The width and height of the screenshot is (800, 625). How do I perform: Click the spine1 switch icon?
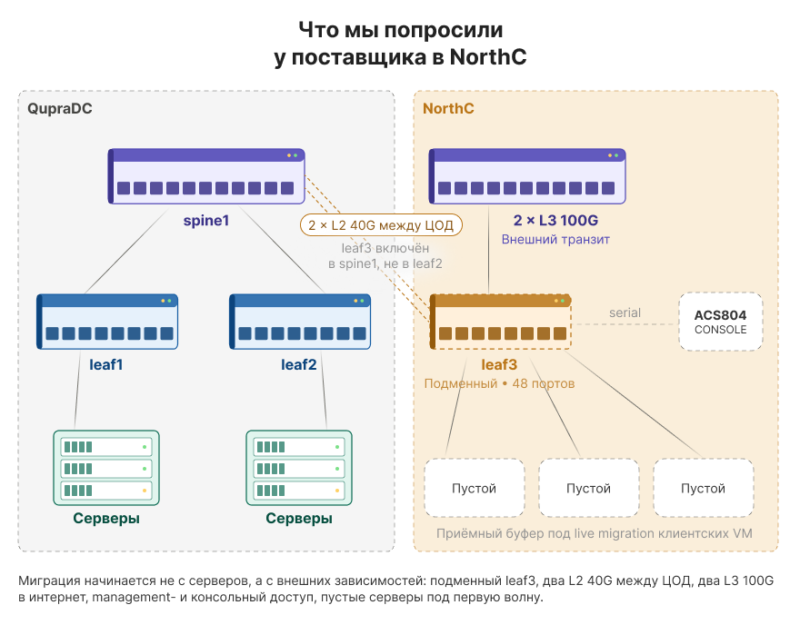tap(206, 176)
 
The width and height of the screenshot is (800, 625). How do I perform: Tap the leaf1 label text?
tap(106, 364)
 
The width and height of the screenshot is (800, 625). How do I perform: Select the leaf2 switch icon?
tap(300, 322)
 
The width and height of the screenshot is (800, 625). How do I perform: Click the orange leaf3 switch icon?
tap(500, 322)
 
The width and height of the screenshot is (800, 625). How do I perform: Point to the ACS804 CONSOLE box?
tap(720, 322)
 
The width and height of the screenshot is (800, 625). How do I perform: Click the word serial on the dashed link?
tap(625, 312)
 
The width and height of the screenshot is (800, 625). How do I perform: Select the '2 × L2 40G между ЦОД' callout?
tap(381, 224)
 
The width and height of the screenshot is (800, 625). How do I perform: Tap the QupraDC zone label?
tap(60, 109)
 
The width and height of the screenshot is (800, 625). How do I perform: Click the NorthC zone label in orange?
tap(448, 109)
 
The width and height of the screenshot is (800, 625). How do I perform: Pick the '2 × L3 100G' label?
tap(555, 220)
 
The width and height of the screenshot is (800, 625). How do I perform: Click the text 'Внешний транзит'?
tap(555, 239)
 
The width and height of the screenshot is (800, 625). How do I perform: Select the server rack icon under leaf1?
tap(106, 468)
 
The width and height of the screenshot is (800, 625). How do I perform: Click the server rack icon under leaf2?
tap(299, 468)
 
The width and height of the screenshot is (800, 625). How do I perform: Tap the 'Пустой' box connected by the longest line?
tap(704, 488)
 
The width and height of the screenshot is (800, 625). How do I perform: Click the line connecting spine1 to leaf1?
tap(126, 251)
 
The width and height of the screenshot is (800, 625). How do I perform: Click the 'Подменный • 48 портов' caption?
tap(499, 383)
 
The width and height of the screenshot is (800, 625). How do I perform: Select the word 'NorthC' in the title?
tap(488, 56)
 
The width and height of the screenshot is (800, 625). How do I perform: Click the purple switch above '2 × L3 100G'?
tap(527, 176)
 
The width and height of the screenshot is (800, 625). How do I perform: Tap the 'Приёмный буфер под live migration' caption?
tap(595, 533)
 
